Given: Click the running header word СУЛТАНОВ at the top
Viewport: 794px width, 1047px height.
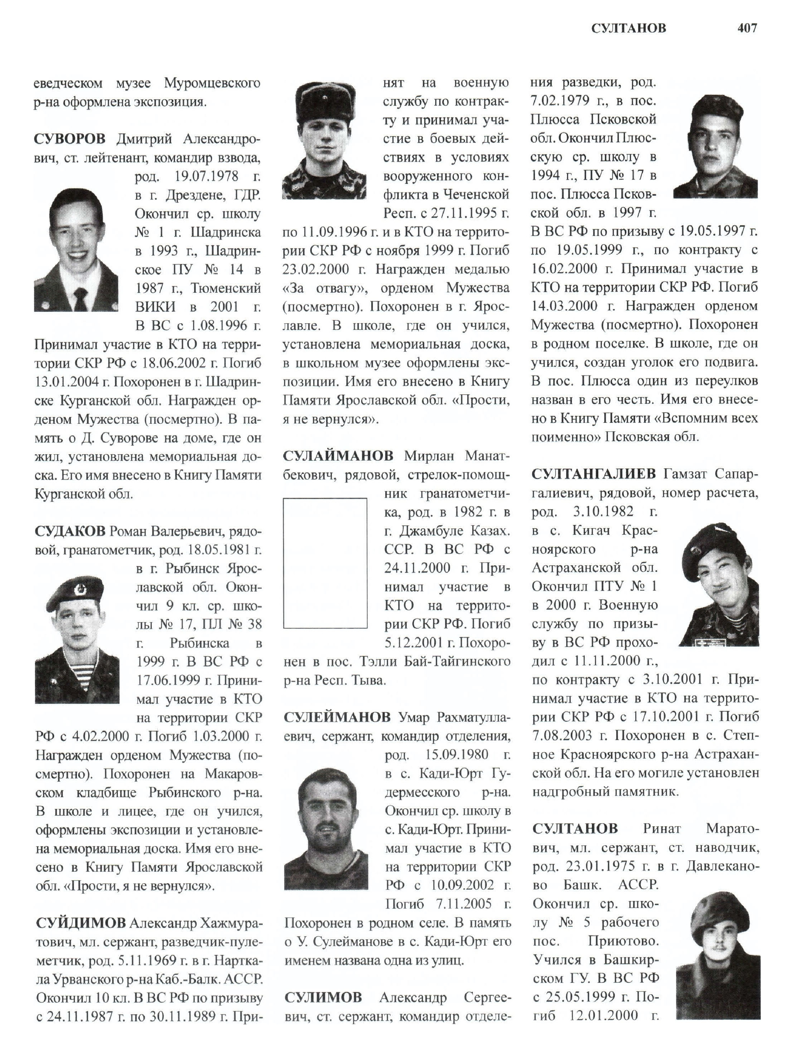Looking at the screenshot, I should (628, 29).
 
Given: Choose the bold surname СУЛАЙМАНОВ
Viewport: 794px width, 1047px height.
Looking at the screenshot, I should (338, 456).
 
